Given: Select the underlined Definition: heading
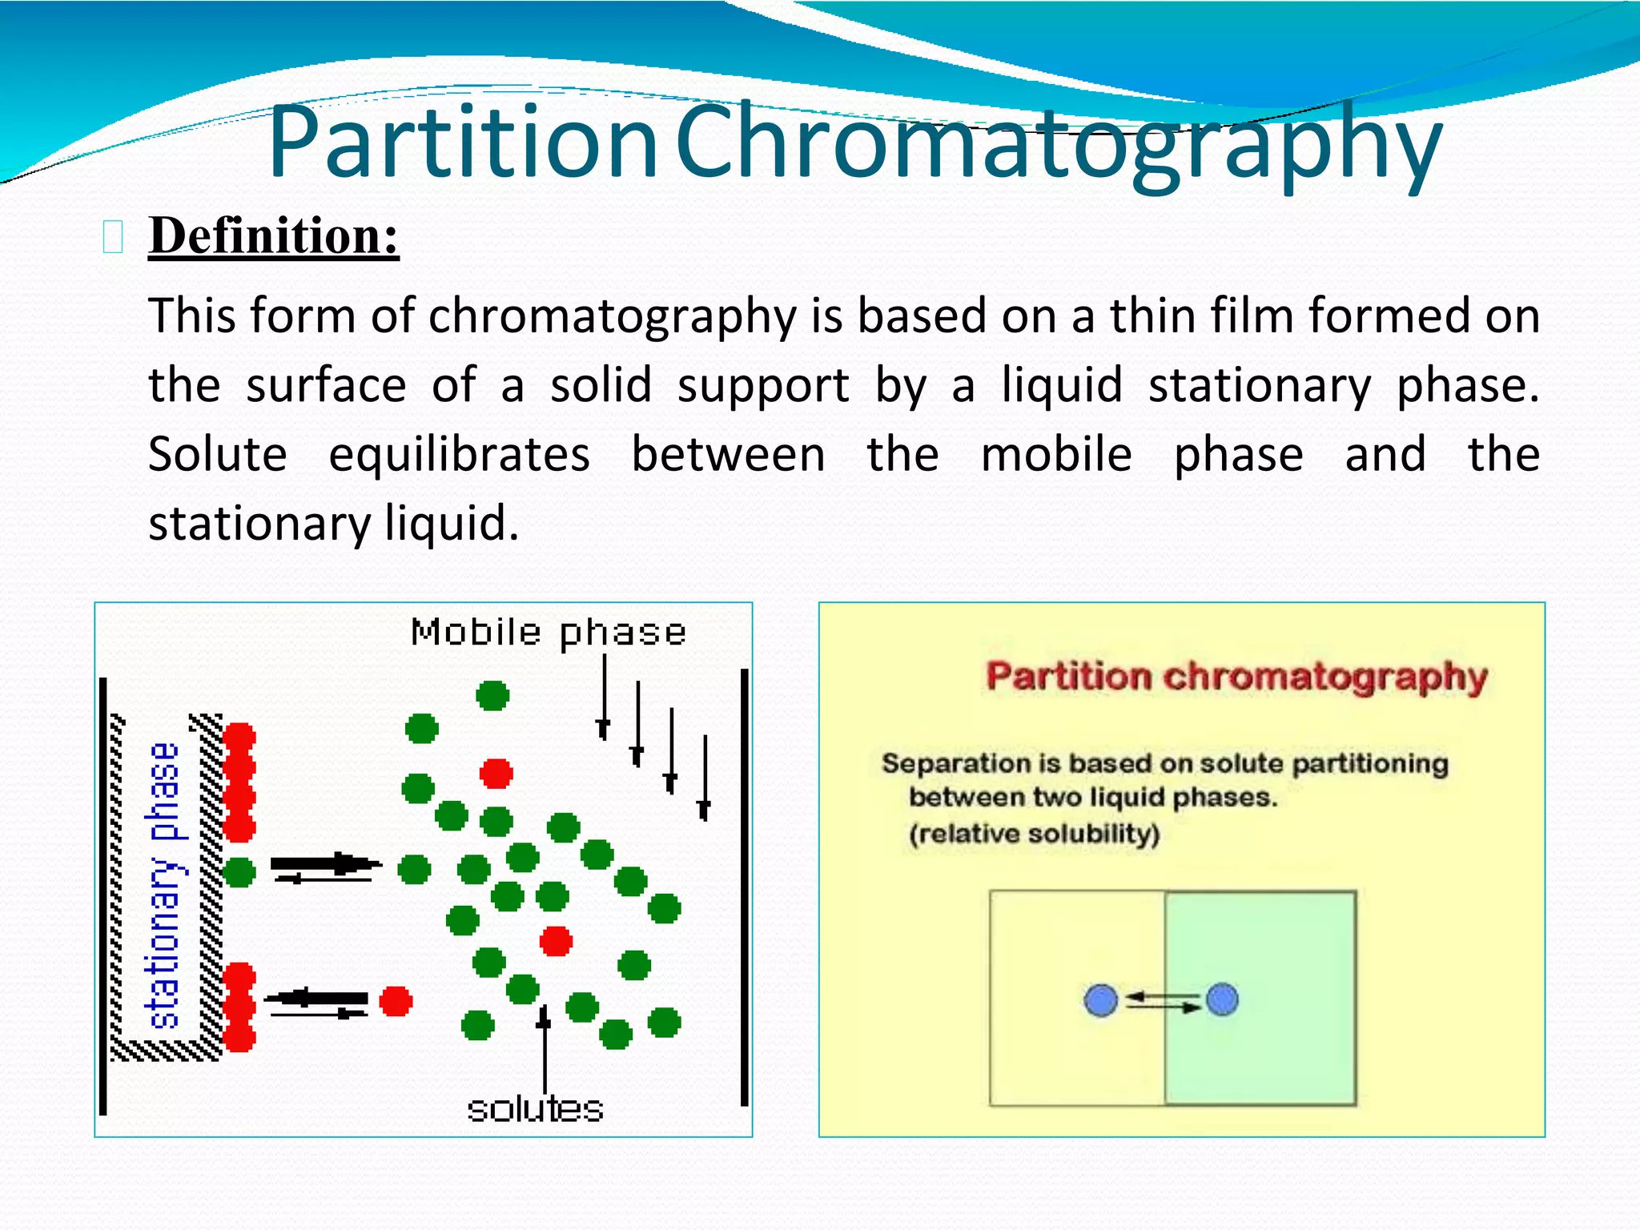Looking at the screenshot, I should tap(273, 236).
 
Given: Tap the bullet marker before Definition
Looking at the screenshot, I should tap(113, 238).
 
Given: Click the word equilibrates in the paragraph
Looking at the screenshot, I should tap(460, 455).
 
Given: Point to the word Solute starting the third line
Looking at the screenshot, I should tap(218, 455).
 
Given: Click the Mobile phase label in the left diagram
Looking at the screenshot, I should tap(549, 633).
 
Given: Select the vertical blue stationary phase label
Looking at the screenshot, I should tap(164, 885).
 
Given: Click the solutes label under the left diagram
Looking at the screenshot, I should tap(535, 1110).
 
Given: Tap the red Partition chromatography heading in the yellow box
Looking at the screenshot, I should tap(1236, 677).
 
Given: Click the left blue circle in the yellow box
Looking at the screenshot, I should tap(1101, 1000).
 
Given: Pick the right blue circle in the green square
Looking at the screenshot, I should tap(1222, 999).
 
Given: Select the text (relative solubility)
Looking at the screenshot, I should tap(1034, 834).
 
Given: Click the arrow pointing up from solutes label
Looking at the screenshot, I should tap(545, 1049).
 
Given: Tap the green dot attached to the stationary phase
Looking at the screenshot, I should tap(239, 871).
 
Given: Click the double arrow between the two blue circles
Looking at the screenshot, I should tap(1162, 1001).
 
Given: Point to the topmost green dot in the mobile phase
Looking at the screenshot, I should tap(492, 695).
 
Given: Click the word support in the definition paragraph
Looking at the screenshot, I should tap(763, 386).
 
